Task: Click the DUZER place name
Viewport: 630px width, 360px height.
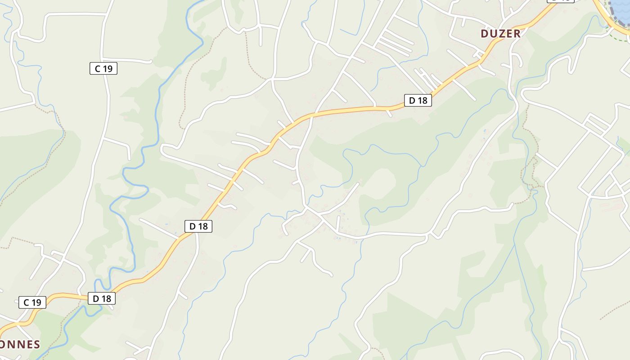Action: tap(500, 34)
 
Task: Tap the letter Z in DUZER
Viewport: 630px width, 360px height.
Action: tap(500, 34)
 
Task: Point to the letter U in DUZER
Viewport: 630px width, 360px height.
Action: tap(493, 34)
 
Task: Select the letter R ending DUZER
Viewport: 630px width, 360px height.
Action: tap(517, 34)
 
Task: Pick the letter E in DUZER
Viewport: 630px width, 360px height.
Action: tap(509, 34)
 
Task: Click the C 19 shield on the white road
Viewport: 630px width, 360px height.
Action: tap(103, 68)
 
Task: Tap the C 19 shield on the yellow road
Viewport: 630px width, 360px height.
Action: tap(32, 302)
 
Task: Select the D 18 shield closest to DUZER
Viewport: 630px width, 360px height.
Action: tap(418, 100)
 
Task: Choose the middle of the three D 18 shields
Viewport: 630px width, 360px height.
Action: tap(198, 226)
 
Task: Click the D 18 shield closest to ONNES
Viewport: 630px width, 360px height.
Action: tap(102, 298)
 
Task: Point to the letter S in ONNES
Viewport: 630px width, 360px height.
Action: tap(36, 345)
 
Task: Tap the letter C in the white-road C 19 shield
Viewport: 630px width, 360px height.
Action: tap(97, 68)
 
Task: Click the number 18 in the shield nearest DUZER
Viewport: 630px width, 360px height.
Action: tap(422, 100)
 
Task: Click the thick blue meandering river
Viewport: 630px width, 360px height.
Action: tap(157, 112)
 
